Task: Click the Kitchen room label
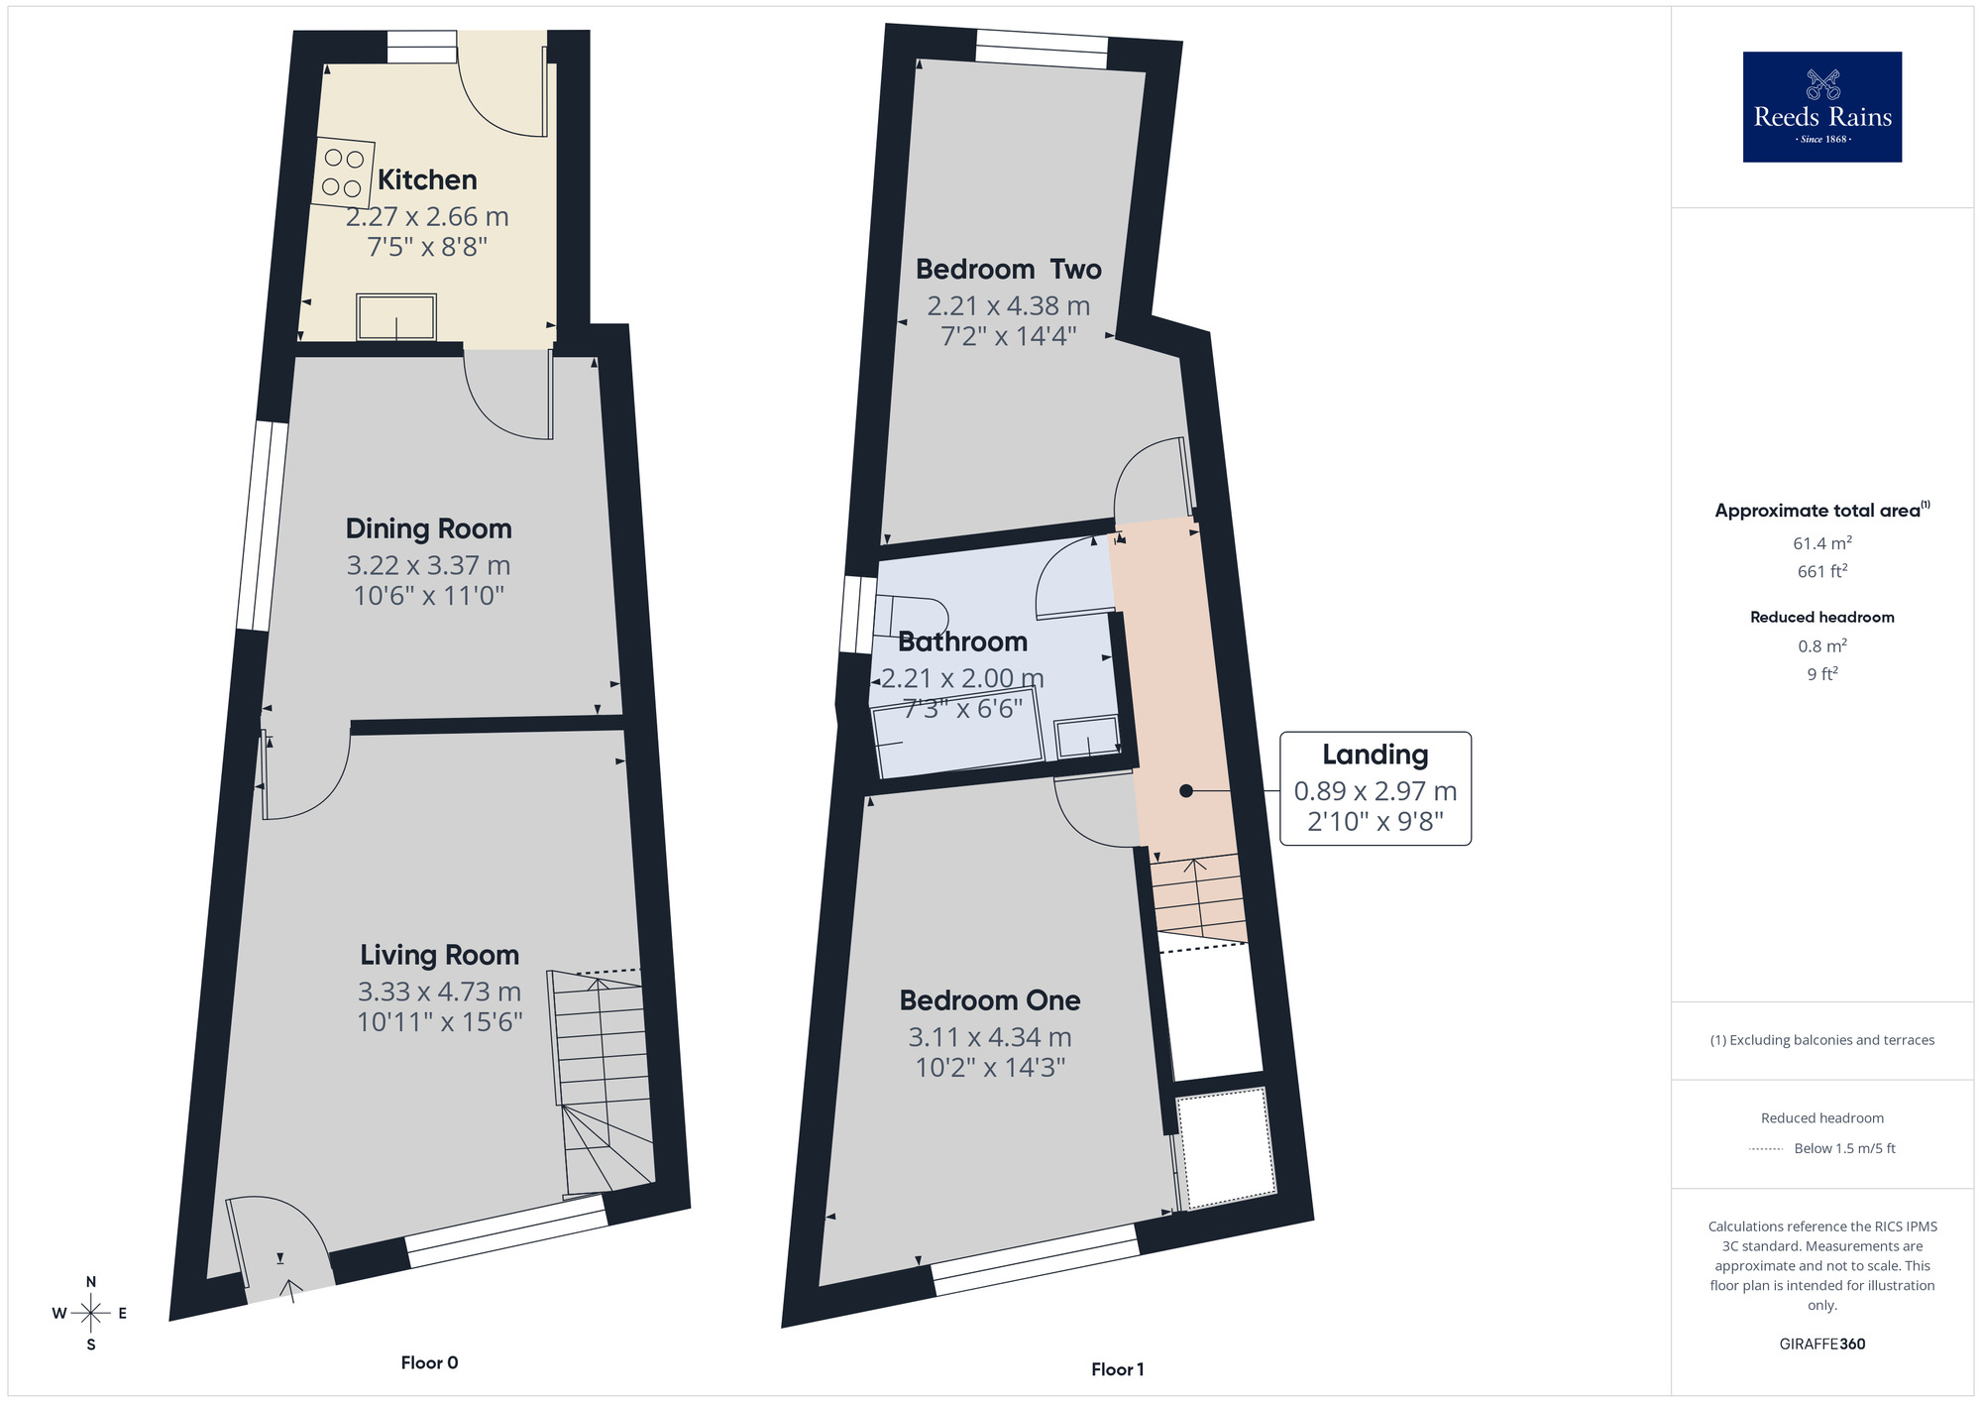click(x=427, y=179)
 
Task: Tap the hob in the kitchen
click(x=343, y=173)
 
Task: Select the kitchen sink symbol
click(x=396, y=316)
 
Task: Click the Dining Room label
click(x=428, y=528)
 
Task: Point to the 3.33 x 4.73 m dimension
click(x=439, y=992)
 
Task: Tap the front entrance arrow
click(x=291, y=1288)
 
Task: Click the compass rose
click(x=91, y=1314)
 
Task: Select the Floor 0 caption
click(x=429, y=1362)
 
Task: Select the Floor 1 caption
click(x=1117, y=1369)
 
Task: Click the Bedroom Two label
click(x=1008, y=269)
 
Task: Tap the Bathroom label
click(x=962, y=642)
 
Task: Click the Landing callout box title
click(x=1375, y=755)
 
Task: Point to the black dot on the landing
click(x=1185, y=790)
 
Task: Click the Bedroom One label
click(x=989, y=1000)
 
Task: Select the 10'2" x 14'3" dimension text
click(x=989, y=1067)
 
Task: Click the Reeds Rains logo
click(x=1821, y=107)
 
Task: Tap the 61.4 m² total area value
click(x=1821, y=543)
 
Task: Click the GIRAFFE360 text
click(x=1821, y=1344)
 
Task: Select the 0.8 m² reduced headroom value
click(x=1821, y=646)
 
